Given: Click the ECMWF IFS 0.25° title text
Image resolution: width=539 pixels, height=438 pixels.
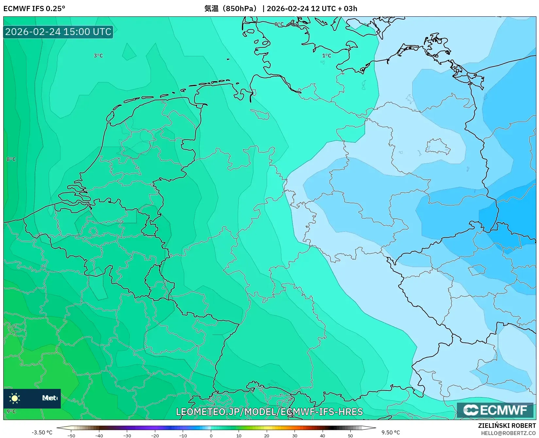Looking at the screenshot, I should click(x=34, y=9).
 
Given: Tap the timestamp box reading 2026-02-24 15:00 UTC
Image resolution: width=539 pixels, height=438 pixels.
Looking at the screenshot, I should click(x=58, y=32).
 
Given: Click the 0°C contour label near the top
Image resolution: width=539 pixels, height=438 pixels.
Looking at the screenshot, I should click(x=279, y=24).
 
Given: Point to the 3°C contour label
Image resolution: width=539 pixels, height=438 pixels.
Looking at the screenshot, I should click(x=98, y=56).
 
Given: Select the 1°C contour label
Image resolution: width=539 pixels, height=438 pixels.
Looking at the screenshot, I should click(x=327, y=56).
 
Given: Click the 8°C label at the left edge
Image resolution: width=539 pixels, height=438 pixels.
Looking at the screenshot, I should click(x=11, y=159).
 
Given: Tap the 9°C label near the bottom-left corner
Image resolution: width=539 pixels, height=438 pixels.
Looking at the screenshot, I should click(x=11, y=411).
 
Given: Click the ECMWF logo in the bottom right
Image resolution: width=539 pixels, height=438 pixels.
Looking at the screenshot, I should click(x=495, y=410).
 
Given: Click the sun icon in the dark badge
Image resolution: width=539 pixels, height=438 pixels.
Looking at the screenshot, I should click(x=15, y=398).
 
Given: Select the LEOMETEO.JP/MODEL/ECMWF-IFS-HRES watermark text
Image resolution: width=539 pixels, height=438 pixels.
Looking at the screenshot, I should click(x=269, y=411).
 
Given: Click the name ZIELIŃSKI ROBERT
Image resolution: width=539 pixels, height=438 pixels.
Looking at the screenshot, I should click(x=507, y=426).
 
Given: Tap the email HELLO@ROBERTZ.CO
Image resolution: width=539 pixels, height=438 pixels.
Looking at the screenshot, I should click(x=508, y=433).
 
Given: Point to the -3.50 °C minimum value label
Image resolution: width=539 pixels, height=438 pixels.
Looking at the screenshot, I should click(x=42, y=432).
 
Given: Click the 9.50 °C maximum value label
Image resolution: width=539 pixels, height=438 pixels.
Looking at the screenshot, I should click(x=391, y=432).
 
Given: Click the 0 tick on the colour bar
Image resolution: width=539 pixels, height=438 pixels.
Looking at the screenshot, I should click(x=211, y=436).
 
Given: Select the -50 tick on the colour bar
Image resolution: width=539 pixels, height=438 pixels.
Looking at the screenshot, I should click(x=71, y=436).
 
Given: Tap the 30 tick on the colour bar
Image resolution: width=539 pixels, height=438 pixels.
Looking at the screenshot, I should click(x=295, y=436).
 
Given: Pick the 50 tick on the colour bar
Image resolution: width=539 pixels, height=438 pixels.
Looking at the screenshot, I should click(x=350, y=436).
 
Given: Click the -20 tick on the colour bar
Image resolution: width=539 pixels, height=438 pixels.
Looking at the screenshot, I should click(x=155, y=436).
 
